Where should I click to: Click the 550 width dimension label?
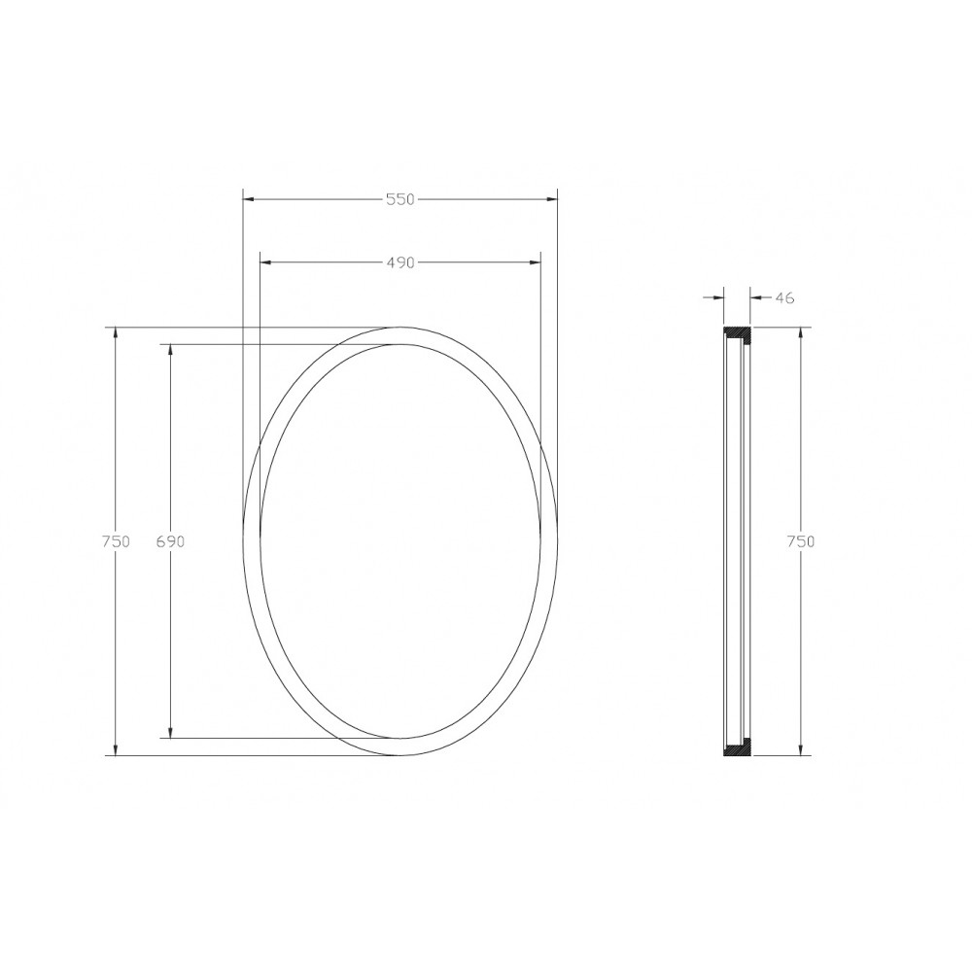(x=399, y=199)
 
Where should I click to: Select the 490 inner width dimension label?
(x=400, y=262)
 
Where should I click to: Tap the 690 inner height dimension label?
(x=170, y=541)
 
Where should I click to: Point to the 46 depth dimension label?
(x=784, y=298)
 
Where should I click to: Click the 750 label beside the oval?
(x=116, y=541)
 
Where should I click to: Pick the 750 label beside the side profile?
(x=800, y=541)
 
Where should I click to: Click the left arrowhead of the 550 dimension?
(x=249, y=199)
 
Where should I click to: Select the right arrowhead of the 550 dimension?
(x=551, y=199)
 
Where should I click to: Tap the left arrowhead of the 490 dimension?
(x=266, y=262)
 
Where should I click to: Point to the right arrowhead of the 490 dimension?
(x=534, y=262)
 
